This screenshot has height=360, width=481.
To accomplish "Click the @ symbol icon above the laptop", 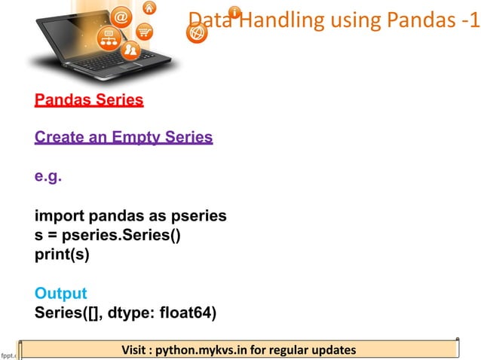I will point(120,17).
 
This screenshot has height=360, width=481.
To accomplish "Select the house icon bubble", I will point(150,8).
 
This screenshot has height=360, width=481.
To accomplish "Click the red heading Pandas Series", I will point(89,99).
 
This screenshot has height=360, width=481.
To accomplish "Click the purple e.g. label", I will point(48,178).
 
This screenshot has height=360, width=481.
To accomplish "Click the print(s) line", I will point(62,255).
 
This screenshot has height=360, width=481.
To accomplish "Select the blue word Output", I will point(60,293).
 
